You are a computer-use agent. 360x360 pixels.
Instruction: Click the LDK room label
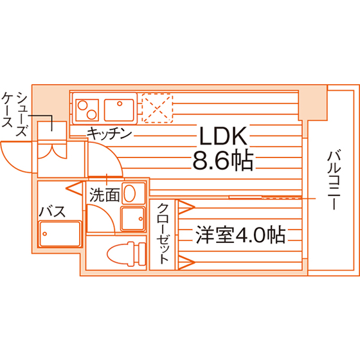[x=224, y=136]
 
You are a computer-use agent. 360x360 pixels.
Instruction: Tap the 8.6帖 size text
[x=222, y=160]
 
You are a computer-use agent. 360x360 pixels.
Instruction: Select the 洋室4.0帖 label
[x=240, y=235]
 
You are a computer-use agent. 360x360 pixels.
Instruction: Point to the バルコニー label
[x=334, y=180]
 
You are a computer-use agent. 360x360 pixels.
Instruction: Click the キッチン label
[x=109, y=133]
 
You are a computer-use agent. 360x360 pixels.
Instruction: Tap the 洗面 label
[x=105, y=195]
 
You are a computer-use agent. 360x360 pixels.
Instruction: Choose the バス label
[x=52, y=212]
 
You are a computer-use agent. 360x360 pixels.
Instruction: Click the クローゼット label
[x=163, y=233]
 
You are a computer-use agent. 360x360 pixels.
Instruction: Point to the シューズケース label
[x=15, y=114]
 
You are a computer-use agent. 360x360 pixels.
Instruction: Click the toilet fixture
[x=127, y=254]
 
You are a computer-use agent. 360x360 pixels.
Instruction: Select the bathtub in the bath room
[x=60, y=234]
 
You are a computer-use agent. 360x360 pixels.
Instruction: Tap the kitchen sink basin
[x=119, y=110]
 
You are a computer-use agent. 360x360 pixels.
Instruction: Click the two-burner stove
[x=87, y=110]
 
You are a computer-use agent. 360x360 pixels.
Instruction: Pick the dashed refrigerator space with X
[x=157, y=108]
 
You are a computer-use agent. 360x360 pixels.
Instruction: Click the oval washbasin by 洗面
[x=129, y=193]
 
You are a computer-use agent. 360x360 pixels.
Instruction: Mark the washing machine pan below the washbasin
[x=133, y=219]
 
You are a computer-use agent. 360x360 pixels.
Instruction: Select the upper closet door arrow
[x=186, y=207]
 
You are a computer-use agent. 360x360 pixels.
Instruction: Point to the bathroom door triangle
[x=75, y=188]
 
